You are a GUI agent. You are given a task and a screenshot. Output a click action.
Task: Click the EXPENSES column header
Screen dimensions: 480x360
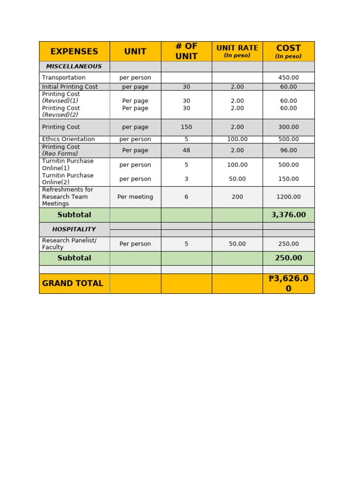pos(74,52)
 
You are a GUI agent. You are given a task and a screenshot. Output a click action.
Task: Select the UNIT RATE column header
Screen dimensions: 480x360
pos(237,48)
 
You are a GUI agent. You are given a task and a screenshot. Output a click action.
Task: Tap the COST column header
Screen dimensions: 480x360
pos(288,49)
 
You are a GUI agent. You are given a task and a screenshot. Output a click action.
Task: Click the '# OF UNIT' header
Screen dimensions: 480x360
pos(186,51)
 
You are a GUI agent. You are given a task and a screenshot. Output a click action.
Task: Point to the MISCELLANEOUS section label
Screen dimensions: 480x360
pos(74,67)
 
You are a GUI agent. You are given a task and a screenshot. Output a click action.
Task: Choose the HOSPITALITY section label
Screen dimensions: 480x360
pos(74,229)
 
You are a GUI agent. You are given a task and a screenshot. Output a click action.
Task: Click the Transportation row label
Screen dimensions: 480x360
pos(64,77)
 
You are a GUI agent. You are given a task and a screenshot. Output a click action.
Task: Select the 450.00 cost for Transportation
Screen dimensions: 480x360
pos(288,77)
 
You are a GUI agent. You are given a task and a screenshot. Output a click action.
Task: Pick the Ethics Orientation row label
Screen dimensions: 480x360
pos(68,139)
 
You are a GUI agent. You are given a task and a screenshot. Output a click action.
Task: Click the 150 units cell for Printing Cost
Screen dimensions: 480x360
pos(186,127)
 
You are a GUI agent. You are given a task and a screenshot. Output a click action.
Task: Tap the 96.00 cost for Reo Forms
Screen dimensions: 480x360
pos(288,150)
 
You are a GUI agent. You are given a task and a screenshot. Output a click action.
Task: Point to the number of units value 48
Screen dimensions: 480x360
pos(186,150)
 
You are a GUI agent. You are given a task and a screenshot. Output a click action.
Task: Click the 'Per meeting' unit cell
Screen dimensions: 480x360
pos(135,197)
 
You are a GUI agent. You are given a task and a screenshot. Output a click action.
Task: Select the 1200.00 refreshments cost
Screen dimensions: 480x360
pos(288,197)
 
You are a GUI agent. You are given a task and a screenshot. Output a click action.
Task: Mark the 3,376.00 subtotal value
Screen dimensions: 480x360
pos(288,215)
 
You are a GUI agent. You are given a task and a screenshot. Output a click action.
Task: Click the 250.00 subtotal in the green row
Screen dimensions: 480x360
pos(288,258)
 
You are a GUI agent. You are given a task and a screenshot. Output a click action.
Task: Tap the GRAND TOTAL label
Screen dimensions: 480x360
pos(73,283)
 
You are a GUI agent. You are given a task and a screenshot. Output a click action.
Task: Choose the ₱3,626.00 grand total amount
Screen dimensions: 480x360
pos(288,283)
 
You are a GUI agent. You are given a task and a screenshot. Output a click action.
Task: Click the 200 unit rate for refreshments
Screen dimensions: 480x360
pos(237,197)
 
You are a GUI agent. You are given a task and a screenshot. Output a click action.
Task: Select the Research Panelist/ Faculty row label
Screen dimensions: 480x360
pos(69,244)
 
